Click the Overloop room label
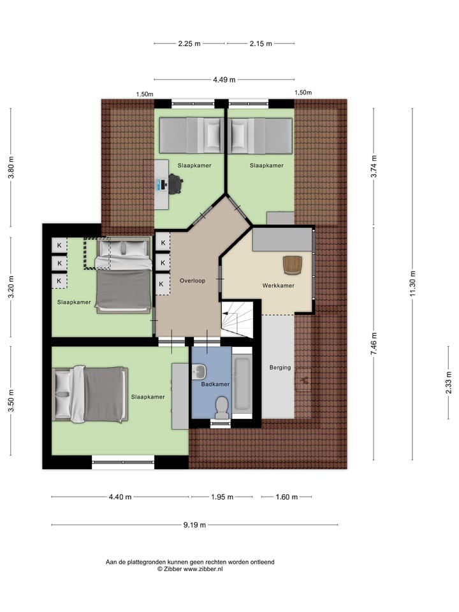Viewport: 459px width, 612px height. [192, 280]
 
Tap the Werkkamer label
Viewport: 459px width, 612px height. [278, 286]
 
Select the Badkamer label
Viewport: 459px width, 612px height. [215, 384]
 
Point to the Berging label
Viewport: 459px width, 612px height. [280, 367]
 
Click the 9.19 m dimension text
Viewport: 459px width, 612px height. [194, 525]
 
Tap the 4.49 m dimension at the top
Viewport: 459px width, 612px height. [224, 80]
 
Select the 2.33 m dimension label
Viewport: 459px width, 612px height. [448, 386]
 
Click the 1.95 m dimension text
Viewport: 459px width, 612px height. [222, 497]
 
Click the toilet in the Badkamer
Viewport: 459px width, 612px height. [222, 407]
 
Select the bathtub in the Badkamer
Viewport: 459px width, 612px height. [242, 384]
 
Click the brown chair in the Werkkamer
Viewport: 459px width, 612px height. [293, 263]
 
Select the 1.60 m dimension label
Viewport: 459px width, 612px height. [286, 497]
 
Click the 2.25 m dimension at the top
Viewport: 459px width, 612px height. [189, 44]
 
